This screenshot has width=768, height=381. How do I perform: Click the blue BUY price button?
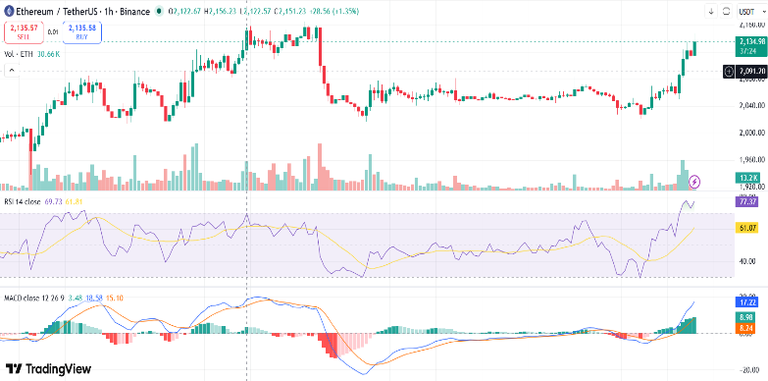(81, 32)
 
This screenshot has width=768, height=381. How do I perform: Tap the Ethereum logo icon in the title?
(8, 10)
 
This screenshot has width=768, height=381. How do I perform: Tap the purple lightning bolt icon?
(695, 182)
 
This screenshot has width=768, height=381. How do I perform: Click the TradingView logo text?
(49, 368)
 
